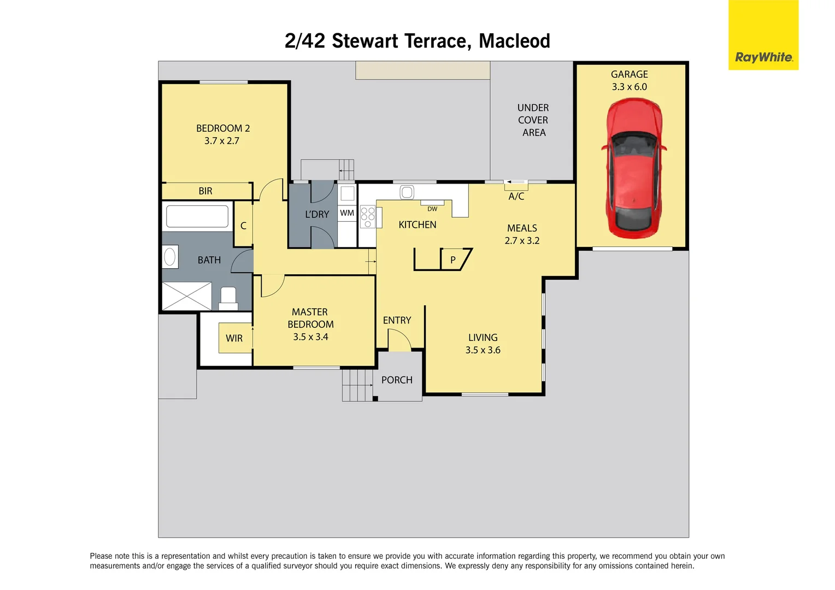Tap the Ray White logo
click(x=763, y=57)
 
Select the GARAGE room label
click(x=629, y=74)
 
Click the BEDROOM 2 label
click(x=223, y=128)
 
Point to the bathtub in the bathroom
click(x=197, y=216)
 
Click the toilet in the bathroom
click(x=228, y=298)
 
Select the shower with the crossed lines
click(x=187, y=296)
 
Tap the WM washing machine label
click(x=347, y=213)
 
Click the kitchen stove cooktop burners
click(x=368, y=217)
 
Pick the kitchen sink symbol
click(x=407, y=192)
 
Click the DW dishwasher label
click(x=432, y=209)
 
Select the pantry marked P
click(x=453, y=260)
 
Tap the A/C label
click(x=516, y=197)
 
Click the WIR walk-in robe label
click(x=234, y=338)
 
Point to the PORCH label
click(x=397, y=380)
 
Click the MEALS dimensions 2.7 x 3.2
click(x=522, y=241)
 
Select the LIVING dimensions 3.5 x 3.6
click(x=483, y=350)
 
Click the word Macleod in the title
click(x=514, y=41)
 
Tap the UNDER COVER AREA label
click(x=533, y=120)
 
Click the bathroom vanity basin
click(x=170, y=257)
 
